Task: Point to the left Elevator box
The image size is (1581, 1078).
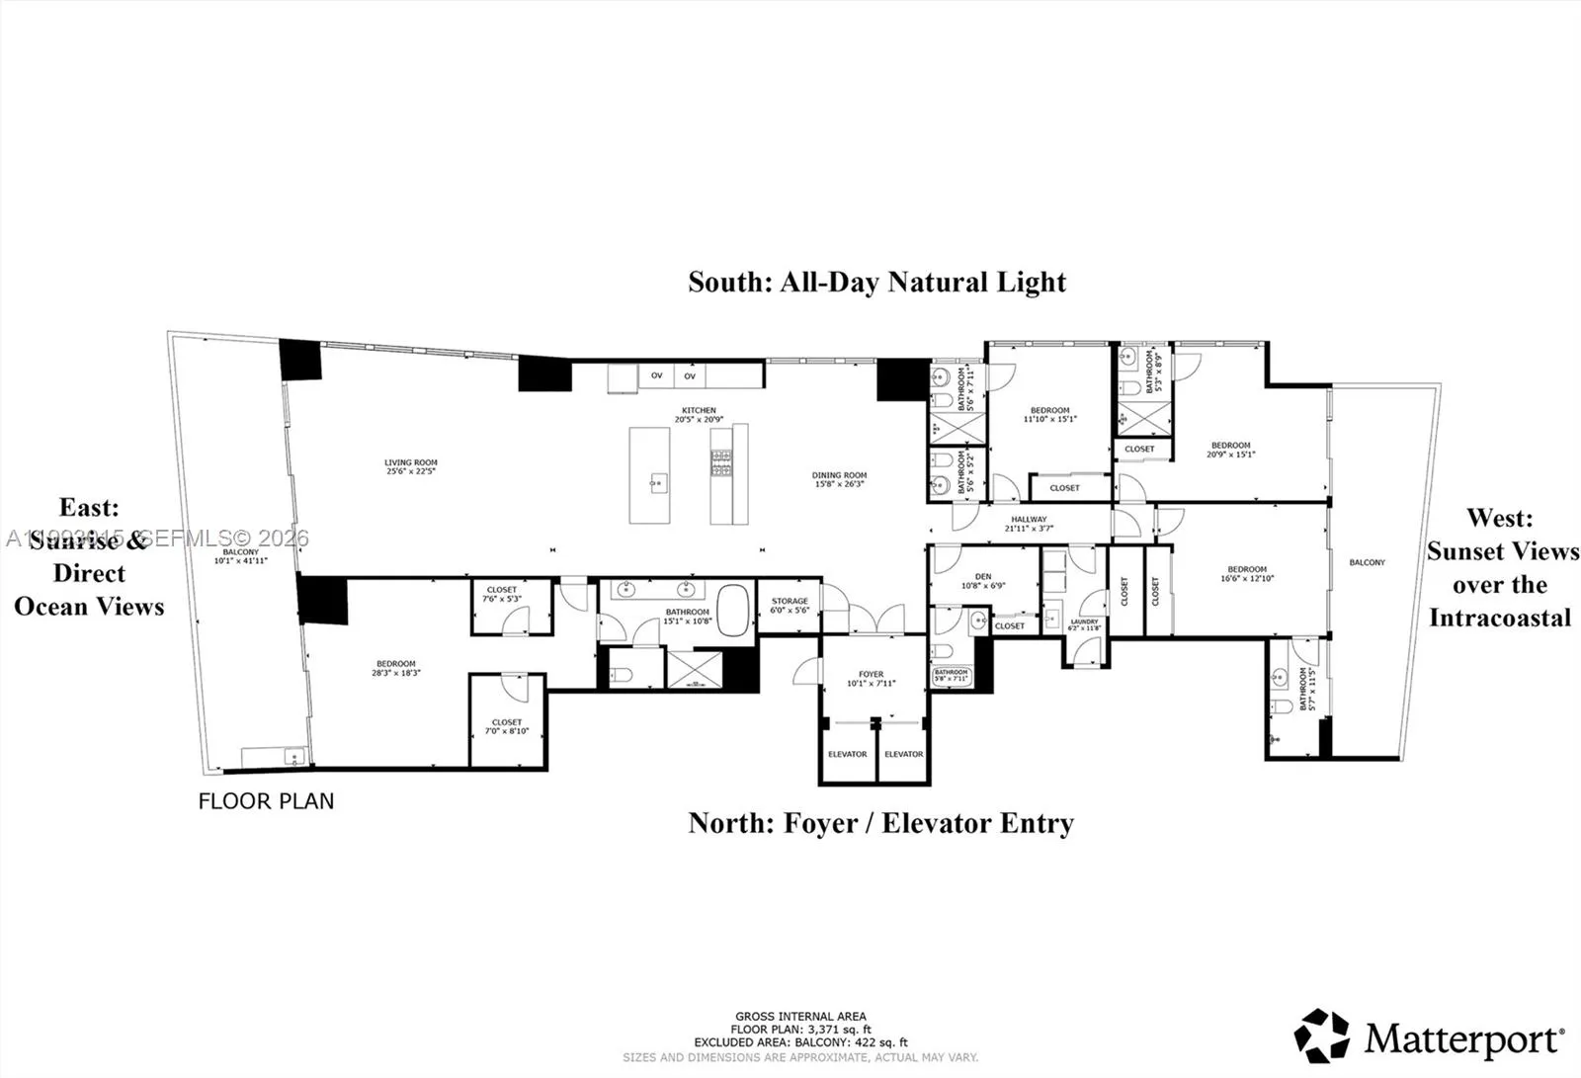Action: pyautogui.click(x=847, y=754)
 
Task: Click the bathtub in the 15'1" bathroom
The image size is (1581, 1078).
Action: pyautogui.click(x=732, y=611)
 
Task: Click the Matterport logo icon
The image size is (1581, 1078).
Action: pyautogui.click(x=1321, y=1036)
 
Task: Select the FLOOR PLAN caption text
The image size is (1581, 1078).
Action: pyautogui.click(x=266, y=801)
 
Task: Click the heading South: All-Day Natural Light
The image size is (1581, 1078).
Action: pyautogui.click(x=876, y=283)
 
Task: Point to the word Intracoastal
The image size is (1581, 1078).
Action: pyautogui.click(x=1499, y=619)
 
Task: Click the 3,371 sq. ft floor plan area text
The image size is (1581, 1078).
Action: pyautogui.click(x=800, y=1029)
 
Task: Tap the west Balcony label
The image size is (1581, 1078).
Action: pyautogui.click(x=1367, y=562)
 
